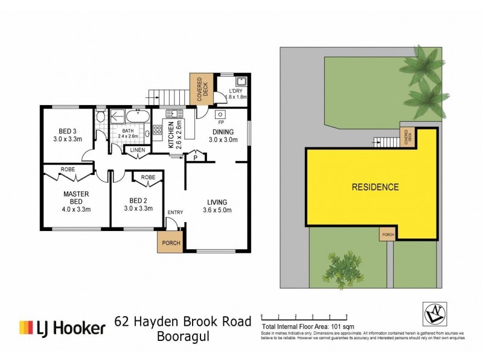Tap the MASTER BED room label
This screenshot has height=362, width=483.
pyautogui.click(x=76, y=194)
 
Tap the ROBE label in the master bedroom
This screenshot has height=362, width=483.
pyautogui.click(x=68, y=170)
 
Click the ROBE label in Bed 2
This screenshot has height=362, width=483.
pyautogui.click(x=149, y=177)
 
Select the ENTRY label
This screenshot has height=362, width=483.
pyautogui.click(x=175, y=212)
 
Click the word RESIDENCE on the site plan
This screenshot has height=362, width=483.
pyautogui.click(x=375, y=187)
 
